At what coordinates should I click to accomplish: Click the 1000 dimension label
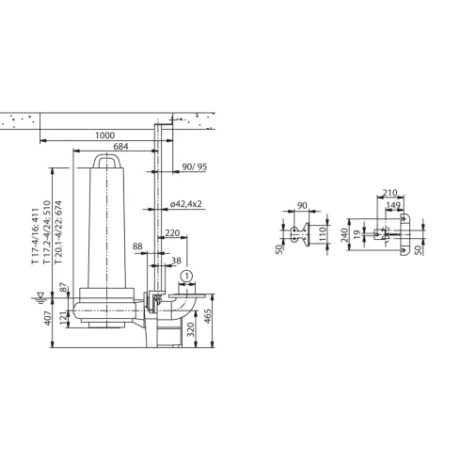[105, 135]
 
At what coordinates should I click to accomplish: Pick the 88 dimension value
[138, 247]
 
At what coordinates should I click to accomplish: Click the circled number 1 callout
[186, 276]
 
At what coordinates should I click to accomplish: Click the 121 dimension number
[64, 319]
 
